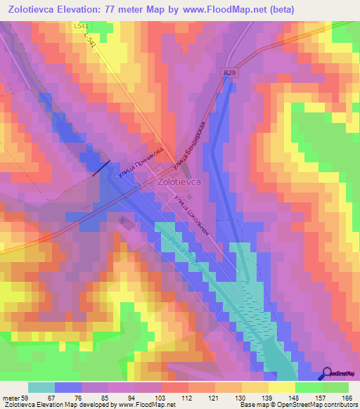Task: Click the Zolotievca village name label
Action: click(x=181, y=181)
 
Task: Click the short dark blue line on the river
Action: click(x=101, y=168)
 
